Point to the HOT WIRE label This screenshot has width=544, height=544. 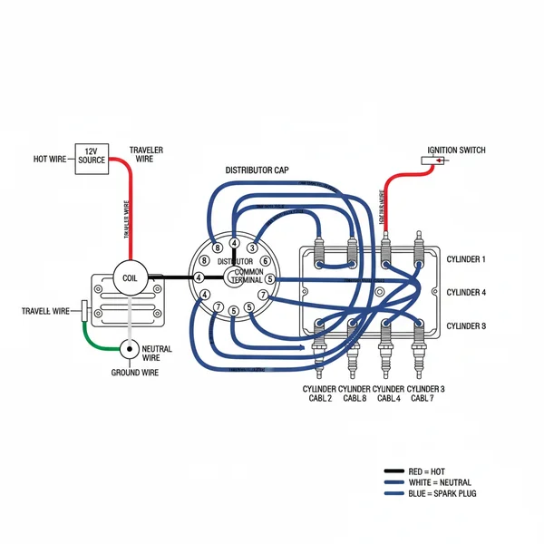(50, 159)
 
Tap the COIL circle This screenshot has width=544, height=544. (130, 278)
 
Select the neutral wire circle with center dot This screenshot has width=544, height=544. (131, 349)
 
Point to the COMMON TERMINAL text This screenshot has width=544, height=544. (248, 277)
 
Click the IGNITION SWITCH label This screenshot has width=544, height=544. (456, 150)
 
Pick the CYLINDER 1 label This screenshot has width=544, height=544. (466, 259)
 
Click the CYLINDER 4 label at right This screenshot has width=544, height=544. (466, 292)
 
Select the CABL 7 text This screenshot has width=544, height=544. (425, 398)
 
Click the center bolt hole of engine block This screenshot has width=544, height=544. (368, 292)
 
